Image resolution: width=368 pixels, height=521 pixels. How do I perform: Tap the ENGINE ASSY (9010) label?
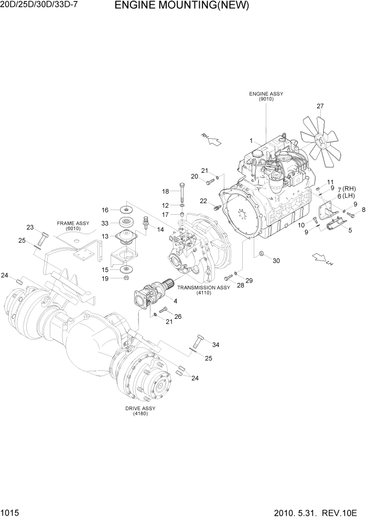point(266,96)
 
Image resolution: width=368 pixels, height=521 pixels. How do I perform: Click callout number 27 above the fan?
point(320,107)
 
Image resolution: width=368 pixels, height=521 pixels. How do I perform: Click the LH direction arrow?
point(321,259)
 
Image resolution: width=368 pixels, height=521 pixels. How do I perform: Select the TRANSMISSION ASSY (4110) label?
point(203,290)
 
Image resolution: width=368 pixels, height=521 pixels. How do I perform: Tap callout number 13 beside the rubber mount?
point(105,236)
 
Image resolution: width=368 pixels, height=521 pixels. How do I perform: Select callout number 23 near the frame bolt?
point(30,227)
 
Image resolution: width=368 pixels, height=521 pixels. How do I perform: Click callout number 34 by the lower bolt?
point(216,345)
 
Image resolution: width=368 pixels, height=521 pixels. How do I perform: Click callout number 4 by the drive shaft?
point(175,301)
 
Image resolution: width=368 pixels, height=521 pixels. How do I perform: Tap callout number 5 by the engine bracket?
point(350,230)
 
